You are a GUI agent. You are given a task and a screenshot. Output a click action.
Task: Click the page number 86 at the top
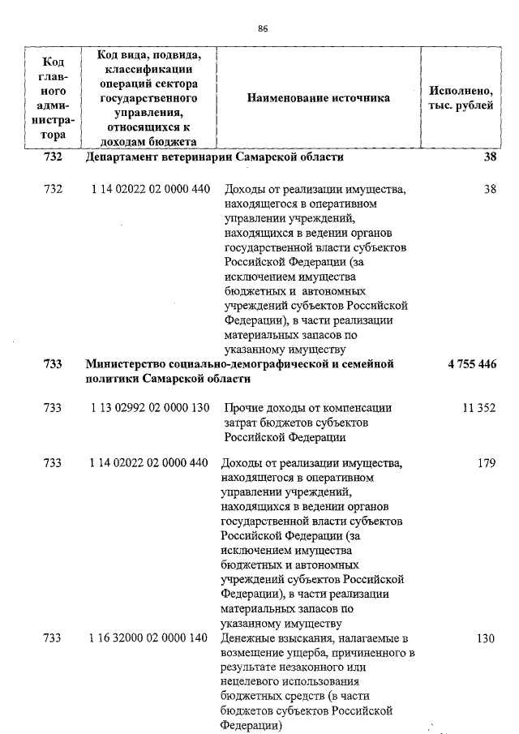point(263,28)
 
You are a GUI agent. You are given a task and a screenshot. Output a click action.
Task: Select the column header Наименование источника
point(319,98)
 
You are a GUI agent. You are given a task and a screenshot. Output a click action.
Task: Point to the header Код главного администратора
point(53,98)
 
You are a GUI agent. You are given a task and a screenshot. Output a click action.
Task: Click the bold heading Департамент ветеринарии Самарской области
point(215,157)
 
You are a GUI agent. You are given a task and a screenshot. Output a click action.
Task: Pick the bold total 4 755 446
point(471,364)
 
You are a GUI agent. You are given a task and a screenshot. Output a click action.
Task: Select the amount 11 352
point(478,409)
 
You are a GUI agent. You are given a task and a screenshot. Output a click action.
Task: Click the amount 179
point(486,463)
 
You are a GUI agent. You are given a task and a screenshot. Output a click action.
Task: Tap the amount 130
point(485,638)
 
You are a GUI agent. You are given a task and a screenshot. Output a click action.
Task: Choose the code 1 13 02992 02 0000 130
point(149,409)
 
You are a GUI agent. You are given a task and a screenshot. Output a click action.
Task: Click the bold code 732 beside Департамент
point(53,157)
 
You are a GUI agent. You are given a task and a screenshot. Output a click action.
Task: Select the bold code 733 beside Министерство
point(53,364)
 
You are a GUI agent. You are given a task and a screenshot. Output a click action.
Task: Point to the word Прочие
point(242,409)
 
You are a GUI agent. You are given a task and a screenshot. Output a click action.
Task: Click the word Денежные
point(251,638)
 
